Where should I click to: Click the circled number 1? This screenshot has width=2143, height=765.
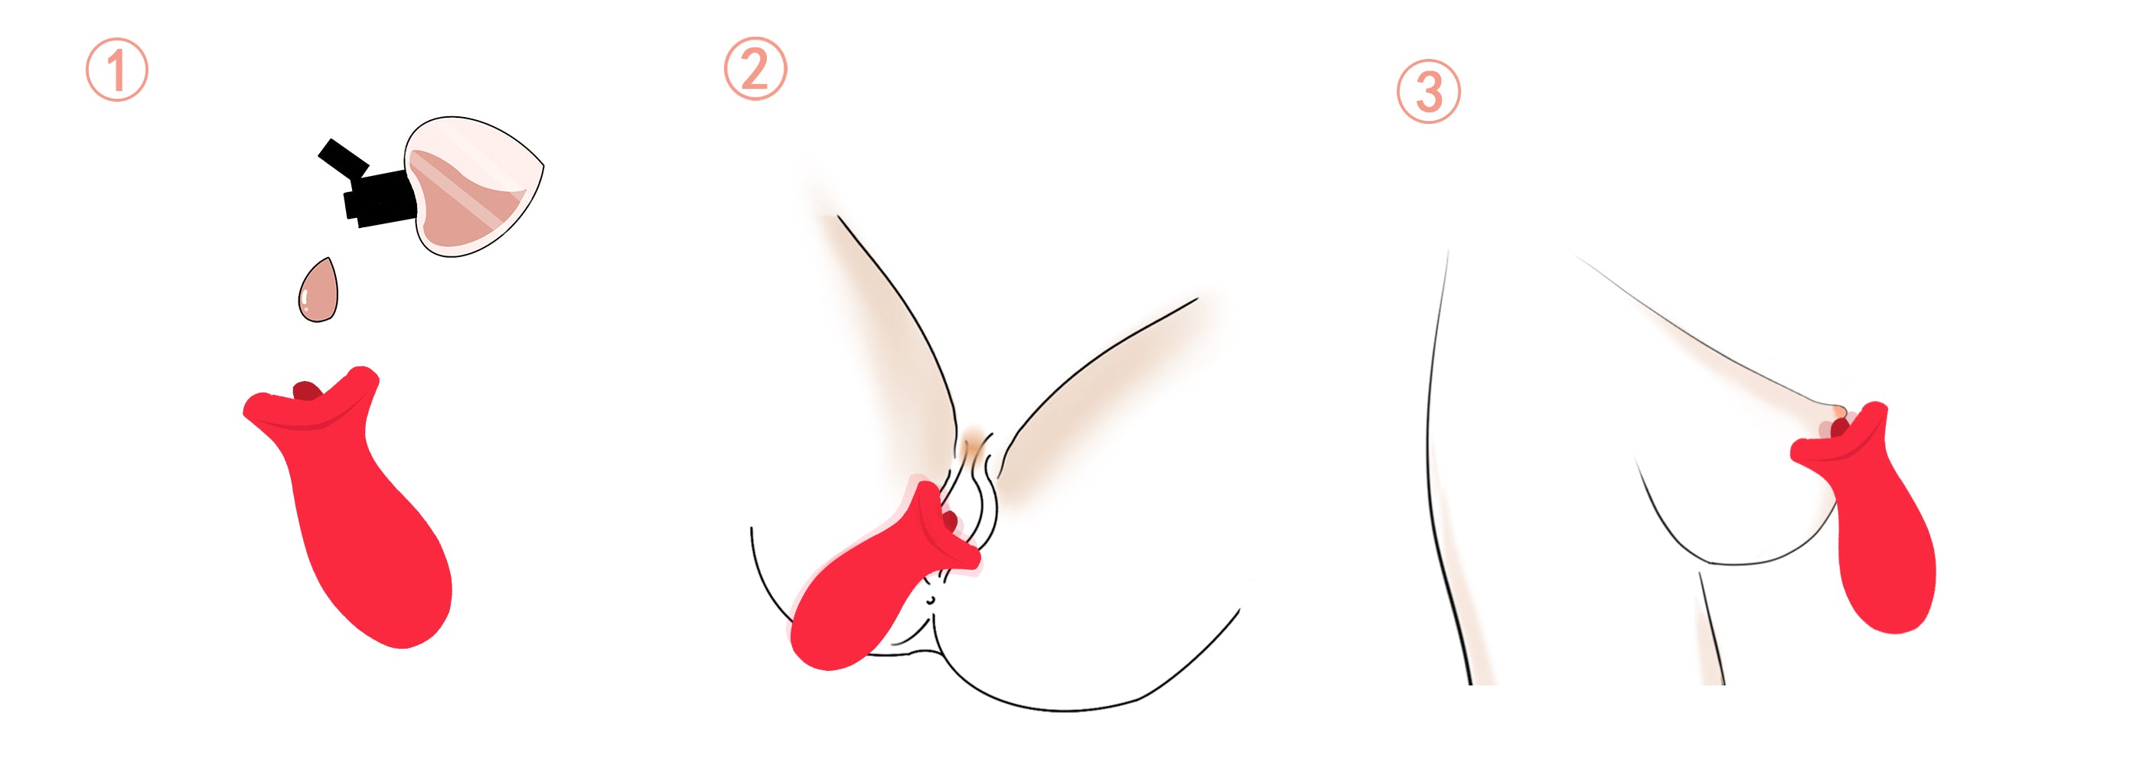point(117,70)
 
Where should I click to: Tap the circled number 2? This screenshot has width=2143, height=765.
point(755,69)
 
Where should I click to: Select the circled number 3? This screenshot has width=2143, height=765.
point(1427,92)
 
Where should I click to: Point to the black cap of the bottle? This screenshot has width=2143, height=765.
point(379,198)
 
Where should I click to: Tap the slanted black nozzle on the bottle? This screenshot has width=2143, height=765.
point(343,159)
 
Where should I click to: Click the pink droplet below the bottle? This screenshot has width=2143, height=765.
point(318,290)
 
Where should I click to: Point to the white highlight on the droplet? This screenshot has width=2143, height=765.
point(305,300)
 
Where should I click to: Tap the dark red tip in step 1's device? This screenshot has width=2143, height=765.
point(308,390)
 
